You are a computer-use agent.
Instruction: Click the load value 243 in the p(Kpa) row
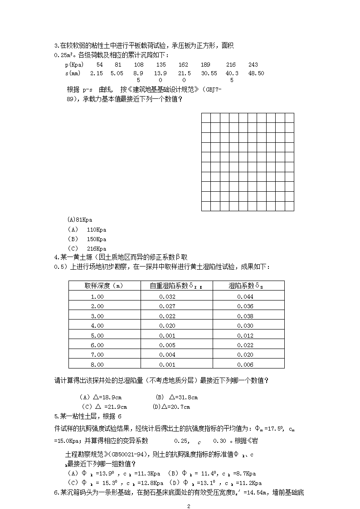253,65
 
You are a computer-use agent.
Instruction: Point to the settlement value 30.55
209,73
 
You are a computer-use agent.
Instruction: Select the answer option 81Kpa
80,219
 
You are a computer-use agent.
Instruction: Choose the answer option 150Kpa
96,239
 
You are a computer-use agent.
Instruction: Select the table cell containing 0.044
245,296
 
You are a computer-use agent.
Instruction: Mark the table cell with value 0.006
245,364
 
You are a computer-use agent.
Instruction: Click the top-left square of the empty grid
206,118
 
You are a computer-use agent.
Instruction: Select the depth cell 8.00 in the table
97,364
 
